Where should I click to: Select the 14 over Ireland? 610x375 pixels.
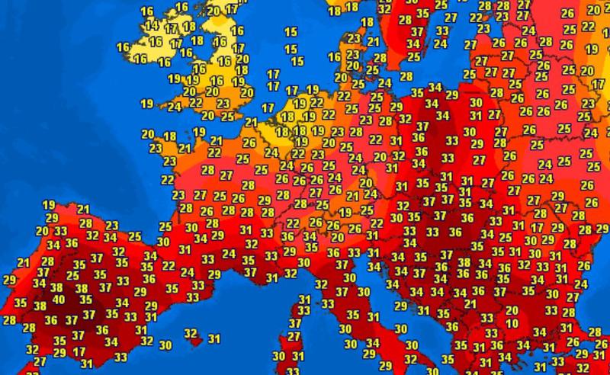click(152, 25)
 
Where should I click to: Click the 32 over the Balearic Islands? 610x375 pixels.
click(191, 333)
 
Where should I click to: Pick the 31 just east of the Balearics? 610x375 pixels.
click(214, 339)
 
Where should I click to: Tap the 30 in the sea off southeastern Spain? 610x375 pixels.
click(165, 345)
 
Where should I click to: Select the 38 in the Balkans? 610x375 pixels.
click(463, 263)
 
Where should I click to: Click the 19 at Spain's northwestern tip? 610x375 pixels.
click(48, 204)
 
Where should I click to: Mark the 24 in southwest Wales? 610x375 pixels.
click(175, 107)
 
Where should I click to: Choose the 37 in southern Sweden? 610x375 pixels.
click(417, 33)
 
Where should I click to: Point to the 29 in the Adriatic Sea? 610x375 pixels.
click(400, 306)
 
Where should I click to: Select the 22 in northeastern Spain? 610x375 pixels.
click(169, 265)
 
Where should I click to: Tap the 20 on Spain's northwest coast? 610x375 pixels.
click(42, 231)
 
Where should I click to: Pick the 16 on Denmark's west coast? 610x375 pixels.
click(333, 57)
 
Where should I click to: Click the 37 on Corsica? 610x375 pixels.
click(295, 322)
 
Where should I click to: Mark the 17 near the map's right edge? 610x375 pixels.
click(599, 83)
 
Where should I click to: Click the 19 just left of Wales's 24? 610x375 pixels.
click(147, 104)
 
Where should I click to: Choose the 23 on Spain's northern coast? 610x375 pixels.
click(111, 225)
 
